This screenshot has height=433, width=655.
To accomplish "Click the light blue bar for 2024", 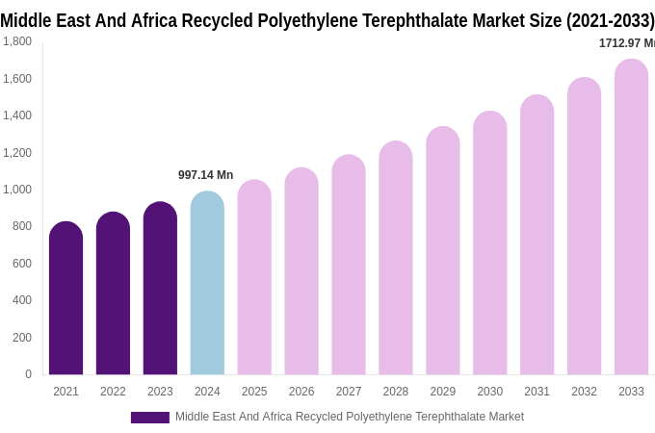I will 207,284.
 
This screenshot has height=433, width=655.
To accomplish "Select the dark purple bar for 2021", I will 65,298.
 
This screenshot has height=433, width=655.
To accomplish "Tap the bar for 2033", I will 631,216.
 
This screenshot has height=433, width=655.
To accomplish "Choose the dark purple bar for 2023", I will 160,289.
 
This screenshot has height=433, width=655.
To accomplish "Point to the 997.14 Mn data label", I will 205,175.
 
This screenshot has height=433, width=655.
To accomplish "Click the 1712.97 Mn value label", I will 626,43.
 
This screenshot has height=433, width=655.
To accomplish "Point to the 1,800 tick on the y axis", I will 17,41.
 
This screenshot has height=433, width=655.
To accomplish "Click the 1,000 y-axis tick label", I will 17,190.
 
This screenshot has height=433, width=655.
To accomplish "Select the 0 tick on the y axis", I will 28,374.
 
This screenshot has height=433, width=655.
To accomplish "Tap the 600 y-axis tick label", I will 21,264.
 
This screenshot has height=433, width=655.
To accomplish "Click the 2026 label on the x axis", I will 301,392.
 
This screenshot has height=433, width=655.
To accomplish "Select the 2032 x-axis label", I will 584,392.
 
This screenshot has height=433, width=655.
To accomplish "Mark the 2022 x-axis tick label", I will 113,392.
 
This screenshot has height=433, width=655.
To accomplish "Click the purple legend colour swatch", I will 149,418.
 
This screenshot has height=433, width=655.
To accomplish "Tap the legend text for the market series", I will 350,417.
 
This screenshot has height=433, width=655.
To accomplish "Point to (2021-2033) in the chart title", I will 610,20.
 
